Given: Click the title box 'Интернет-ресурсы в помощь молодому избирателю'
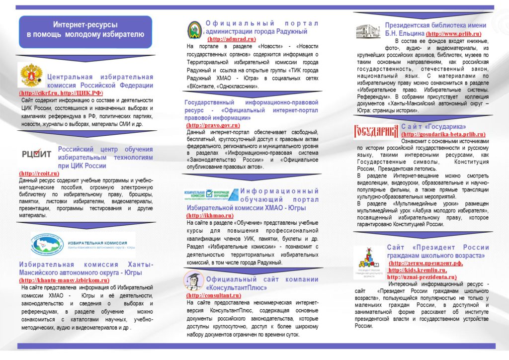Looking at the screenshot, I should point(85,31).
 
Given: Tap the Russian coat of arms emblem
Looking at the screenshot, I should point(31,76).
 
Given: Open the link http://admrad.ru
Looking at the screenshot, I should point(232,39).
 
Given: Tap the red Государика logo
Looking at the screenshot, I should point(376,131).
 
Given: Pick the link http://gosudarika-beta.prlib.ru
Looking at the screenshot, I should point(443,134).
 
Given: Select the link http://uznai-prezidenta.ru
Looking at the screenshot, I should point(422,277).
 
